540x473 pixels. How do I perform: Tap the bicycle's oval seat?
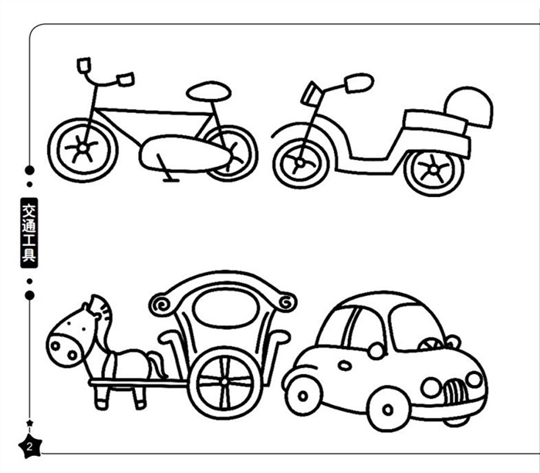click(x=209, y=91)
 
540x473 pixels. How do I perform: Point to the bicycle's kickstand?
click(x=166, y=169)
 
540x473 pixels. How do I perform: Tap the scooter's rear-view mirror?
click(x=359, y=83)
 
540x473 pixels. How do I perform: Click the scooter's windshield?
click(x=312, y=94)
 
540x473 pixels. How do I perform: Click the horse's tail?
click(x=158, y=364)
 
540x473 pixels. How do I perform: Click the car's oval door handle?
click(x=344, y=366)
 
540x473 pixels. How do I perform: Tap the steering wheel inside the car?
click(x=430, y=344)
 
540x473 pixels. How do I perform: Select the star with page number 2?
click(x=30, y=447)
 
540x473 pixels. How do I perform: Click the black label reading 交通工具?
click(x=29, y=233)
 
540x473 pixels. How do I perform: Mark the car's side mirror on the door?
click(x=376, y=351)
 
